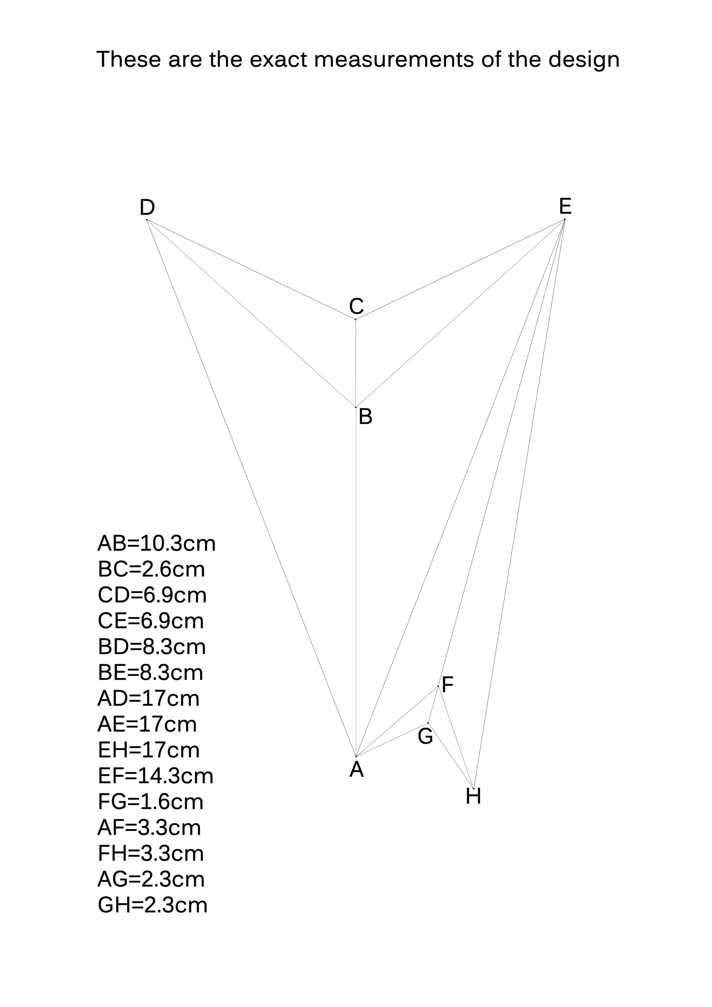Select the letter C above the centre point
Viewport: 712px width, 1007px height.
click(x=357, y=306)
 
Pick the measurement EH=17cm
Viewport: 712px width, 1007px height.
click(x=149, y=750)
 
